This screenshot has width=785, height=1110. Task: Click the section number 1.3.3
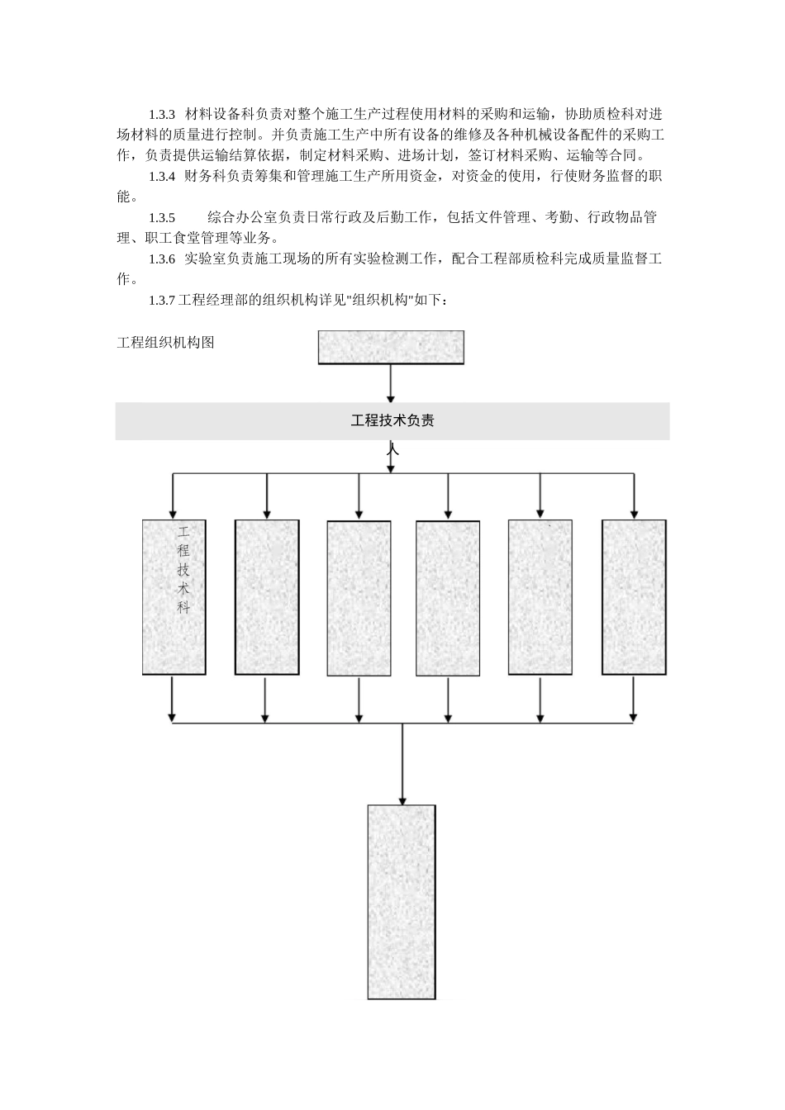(162, 113)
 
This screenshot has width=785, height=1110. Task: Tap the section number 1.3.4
(162, 176)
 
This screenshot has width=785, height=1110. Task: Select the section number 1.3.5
(162, 217)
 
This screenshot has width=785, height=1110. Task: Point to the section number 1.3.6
(162, 259)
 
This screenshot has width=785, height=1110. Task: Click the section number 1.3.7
(162, 301)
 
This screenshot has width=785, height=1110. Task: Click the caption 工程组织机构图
(165, 342)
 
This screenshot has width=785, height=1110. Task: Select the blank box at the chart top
(391, 347)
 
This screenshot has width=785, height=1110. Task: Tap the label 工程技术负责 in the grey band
(392, 421)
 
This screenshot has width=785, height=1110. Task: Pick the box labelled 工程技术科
(174, 597)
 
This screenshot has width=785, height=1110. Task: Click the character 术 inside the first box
(183, 589)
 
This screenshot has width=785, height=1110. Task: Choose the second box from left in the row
(266, 597)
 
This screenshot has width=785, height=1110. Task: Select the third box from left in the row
(359, 597)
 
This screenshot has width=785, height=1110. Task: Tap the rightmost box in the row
(634, 597)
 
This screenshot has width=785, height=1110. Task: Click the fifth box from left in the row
(540, 597)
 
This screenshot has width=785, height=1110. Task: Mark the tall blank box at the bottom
(401, 901)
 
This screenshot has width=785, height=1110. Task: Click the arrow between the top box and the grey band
(391, 383)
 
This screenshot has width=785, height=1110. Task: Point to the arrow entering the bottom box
(402, 764)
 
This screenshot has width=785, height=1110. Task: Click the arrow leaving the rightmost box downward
(634, 698)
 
